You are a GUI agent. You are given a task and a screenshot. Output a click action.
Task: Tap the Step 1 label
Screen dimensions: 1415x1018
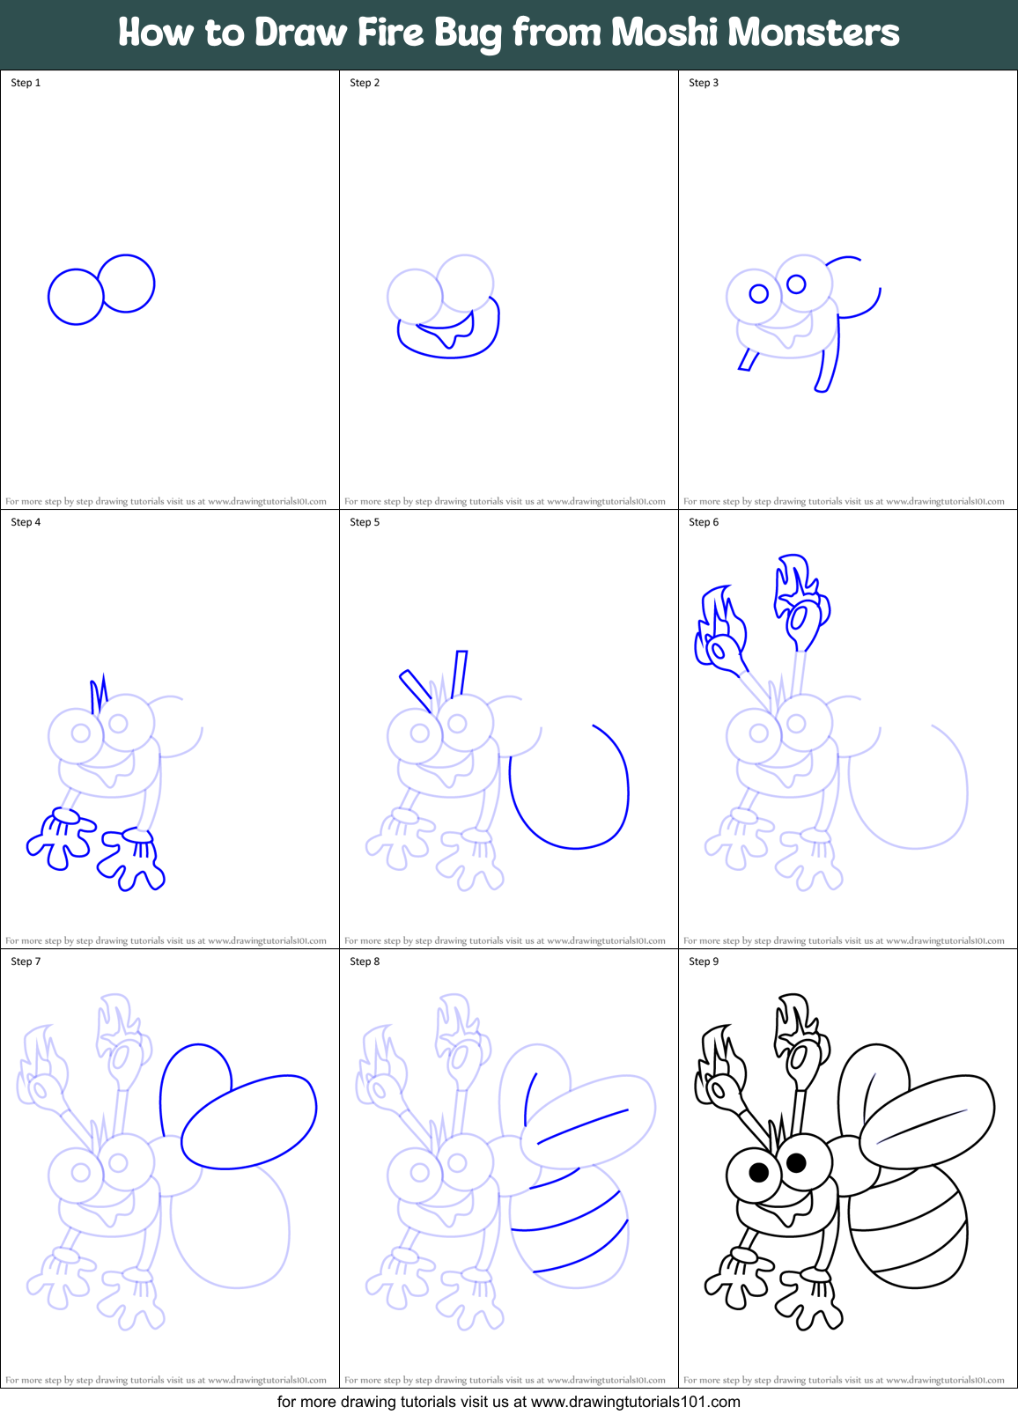tap(26, 83)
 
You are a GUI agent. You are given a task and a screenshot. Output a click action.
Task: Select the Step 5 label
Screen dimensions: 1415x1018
tap(365, 522)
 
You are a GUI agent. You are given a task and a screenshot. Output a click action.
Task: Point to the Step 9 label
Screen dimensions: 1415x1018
tap(704, 962)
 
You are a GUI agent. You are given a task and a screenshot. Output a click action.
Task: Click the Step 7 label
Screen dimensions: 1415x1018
tap(26, 962)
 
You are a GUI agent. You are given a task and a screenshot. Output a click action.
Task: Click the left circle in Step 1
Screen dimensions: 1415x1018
tap(76, 297)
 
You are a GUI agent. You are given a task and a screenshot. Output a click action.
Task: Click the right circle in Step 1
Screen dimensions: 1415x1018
tap(127, 284)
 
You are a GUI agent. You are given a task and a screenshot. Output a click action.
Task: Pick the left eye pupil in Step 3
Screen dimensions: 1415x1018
tap(759, 293)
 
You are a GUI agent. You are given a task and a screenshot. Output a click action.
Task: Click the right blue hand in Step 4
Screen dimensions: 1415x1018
tap(132, 859)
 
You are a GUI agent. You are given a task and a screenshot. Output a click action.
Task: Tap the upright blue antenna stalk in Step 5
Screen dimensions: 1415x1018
tap(459, 674)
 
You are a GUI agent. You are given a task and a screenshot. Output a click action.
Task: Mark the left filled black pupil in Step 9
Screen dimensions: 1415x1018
tap(759, 1172)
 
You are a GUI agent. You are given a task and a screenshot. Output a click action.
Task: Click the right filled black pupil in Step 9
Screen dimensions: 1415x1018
tap(796, 1163)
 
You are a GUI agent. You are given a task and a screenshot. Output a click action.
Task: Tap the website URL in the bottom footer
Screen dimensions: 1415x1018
tap(635, 1402)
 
